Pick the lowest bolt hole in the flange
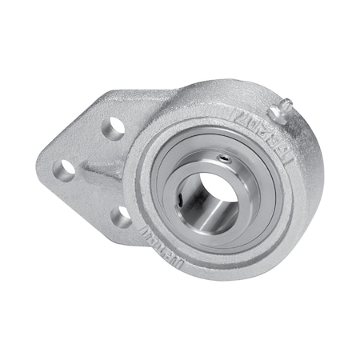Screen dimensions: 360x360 (120, 214)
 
